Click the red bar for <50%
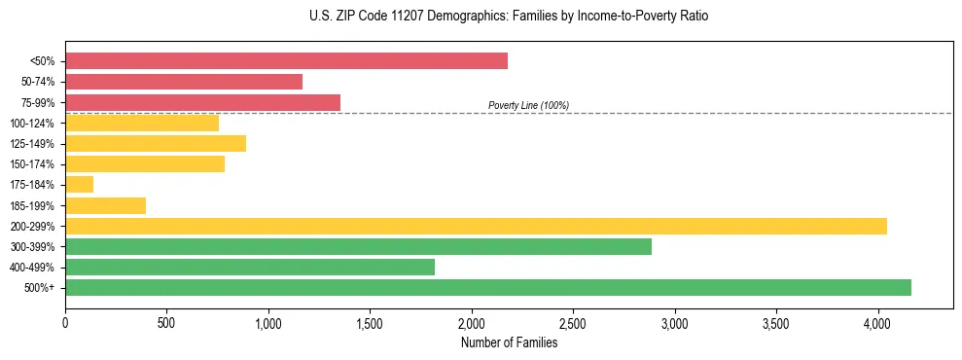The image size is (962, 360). (x=286, y=61)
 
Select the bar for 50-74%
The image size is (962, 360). (x=184, y=82)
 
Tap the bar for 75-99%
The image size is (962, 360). (x=202, y=102)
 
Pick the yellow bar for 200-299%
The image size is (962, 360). (x=476, y=226)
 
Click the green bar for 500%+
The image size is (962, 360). (x=488, y=287)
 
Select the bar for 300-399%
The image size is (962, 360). (x=358, y=246)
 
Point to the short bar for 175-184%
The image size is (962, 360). (x=79, y=184)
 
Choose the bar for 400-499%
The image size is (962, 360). (x=250, y=267)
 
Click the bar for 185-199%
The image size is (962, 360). (x=105, y=205)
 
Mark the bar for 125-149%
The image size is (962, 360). (x=156, y=143)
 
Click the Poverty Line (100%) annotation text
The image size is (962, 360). (x=528, y=105)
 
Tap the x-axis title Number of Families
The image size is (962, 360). (x=509, y=342)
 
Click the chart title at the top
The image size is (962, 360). (x=481, y=17)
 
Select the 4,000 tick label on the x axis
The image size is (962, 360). (x=877, y=323)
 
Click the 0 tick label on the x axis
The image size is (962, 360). (x=65, y=323)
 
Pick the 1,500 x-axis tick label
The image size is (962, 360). (x=370, y=323)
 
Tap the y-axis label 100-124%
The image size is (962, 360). (x=32, y=123)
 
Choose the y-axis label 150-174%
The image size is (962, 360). (x=32, y=164)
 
